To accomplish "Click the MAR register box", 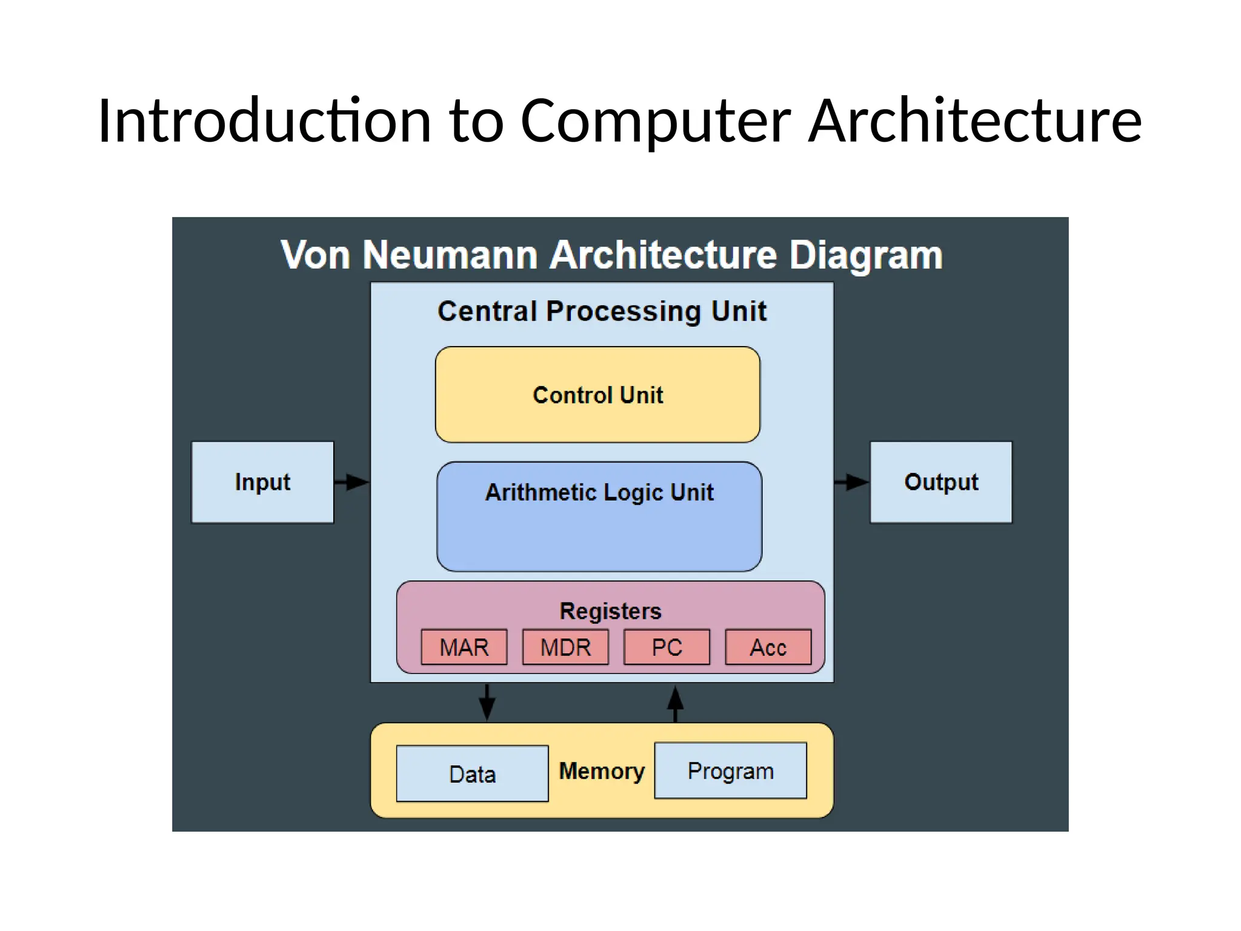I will [x=464, y=647].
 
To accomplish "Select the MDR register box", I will [x=565, y=647].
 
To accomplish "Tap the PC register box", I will [x=667, y=647].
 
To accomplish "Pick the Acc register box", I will [x=768, y=647].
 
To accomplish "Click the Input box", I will [x=262, y=482].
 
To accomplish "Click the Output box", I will [x=941, y=482].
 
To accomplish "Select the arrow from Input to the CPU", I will [x=352, y=482].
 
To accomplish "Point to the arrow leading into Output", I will [x=851, y=482].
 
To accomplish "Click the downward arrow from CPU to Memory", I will [x=487, y=702].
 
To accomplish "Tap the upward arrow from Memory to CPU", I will [x=676, y=703].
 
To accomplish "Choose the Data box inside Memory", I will [x=472, y=774].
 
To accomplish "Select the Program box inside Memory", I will [x=730, y=771].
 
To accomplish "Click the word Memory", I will [x=602, y=771].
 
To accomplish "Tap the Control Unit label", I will [x=597, y=395].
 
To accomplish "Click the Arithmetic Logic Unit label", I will [x=599, y=492].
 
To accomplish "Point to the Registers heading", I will [x=610, y=610].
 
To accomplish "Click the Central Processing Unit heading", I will [x=602, y=311].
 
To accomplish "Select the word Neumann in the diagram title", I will [x=450, y=255].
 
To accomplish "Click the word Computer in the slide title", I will [x=655, y=121].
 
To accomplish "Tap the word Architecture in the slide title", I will [x=975, y=121].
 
